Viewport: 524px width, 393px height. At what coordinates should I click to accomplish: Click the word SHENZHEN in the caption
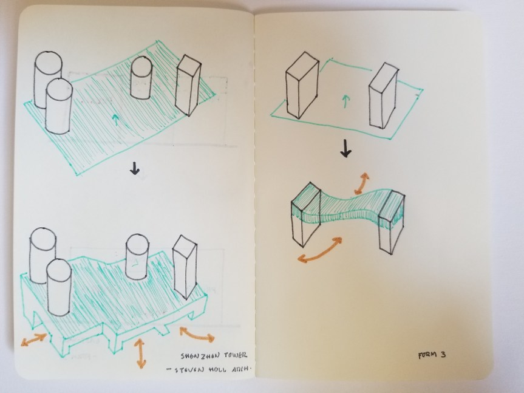click(200, 355)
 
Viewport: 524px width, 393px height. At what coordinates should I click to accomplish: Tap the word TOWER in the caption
click(235, 355)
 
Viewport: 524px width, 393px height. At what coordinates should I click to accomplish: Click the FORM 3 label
click(432, 355)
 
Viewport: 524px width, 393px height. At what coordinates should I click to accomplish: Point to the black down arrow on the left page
click(134, 168)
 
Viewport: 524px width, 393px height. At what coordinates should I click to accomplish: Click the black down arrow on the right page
click(345, 149)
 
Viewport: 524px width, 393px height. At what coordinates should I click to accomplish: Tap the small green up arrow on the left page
click(115, 119)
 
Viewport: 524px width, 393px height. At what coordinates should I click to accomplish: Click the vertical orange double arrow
click(140, 354)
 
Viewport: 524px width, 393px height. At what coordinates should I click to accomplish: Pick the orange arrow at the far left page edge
click(33, 340)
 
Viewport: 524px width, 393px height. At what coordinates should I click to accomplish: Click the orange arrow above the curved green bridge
click(362, 183)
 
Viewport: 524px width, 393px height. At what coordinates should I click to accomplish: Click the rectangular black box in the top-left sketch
click(188, 86)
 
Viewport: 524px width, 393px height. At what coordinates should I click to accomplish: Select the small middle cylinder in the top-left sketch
click(141, 78)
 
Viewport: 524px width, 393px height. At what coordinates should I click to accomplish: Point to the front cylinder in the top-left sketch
click(59, 106)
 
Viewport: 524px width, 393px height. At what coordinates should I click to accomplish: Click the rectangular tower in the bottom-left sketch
click(185, 267)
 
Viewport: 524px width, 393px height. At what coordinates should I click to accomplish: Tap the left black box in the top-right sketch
click(302, 85)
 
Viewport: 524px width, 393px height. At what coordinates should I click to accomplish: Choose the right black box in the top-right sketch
click(384, 95)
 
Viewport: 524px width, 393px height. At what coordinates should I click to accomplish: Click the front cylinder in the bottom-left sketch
click(59, 287)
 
